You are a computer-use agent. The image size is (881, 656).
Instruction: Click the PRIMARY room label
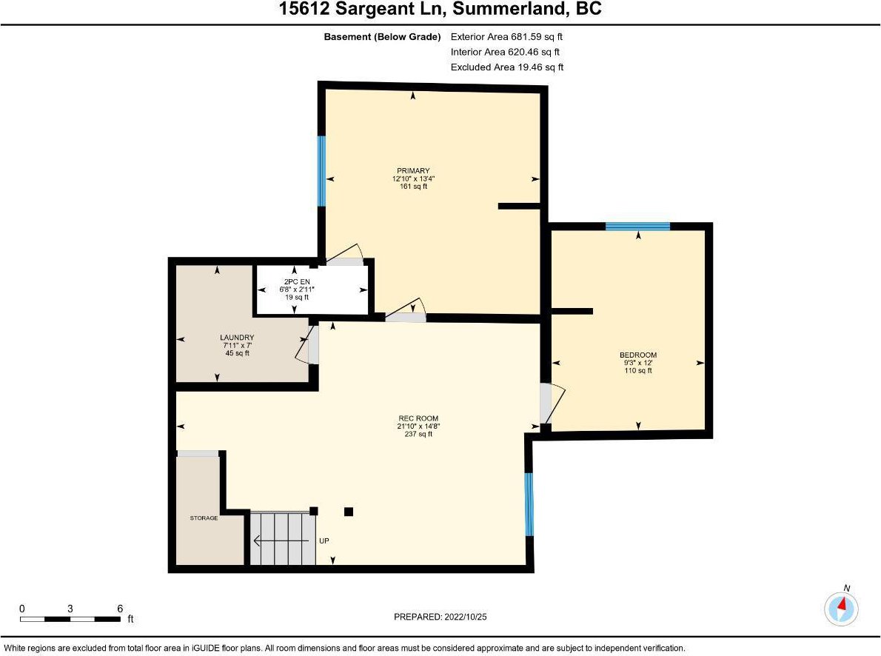(413, 171)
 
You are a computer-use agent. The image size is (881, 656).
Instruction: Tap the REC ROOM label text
(418, 418)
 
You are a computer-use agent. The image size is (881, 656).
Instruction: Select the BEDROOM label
(637, 355)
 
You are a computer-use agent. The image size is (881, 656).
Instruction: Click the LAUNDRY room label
(237, 338)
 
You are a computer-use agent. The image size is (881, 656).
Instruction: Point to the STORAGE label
(204, 518)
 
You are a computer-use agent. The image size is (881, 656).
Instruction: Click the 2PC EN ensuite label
(297, 281)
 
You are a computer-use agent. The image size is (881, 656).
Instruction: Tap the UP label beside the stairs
(324, 540)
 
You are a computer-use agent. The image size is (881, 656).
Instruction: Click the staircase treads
(283, 538)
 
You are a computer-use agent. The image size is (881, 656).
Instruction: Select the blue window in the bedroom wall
(637, 226)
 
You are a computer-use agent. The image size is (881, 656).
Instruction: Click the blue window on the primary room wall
(321, 171)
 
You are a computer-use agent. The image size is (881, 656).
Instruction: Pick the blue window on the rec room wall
(528, 504)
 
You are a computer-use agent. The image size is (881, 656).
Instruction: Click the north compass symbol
(841, 609)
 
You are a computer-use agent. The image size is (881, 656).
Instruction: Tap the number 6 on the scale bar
(120, 608)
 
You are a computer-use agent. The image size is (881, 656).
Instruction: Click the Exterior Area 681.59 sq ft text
(506, 36)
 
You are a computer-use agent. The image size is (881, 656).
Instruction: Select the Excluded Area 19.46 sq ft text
(507, 67)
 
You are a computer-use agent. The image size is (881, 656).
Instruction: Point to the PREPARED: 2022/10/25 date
(440, 617)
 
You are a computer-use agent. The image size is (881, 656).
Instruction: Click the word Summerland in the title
(510, 9)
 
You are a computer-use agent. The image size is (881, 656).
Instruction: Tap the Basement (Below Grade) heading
(382, 36)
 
